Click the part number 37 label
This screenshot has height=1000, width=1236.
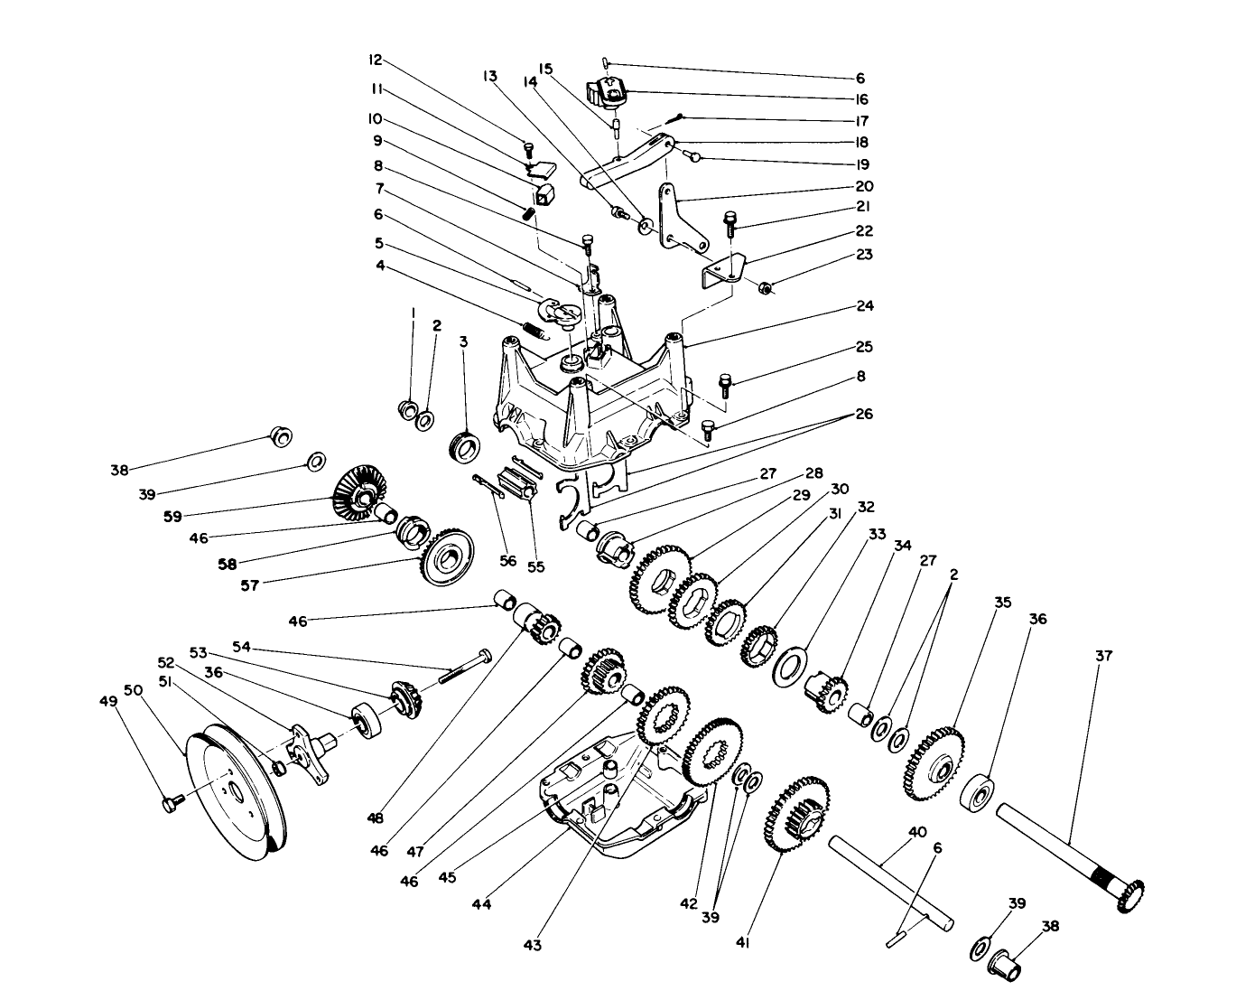1105,656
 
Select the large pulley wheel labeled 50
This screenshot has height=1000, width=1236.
231,786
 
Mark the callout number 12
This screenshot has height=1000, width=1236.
375,61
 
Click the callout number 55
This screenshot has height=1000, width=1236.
536,567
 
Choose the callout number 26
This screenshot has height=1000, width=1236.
863,415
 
